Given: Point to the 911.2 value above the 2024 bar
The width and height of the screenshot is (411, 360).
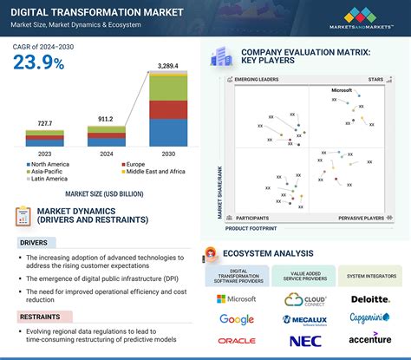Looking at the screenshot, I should (103, 118).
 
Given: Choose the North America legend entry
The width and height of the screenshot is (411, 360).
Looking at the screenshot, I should (50, 162).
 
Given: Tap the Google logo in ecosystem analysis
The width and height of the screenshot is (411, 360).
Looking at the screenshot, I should (237, 319).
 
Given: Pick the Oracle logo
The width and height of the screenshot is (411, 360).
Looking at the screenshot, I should (237, 341).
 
